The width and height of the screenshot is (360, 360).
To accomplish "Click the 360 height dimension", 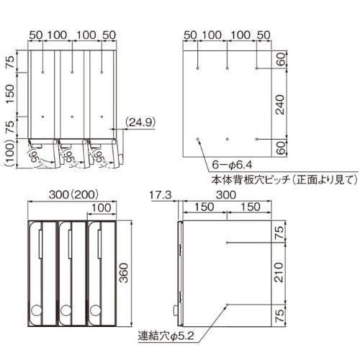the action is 124,273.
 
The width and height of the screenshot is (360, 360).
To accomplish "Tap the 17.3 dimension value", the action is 161,195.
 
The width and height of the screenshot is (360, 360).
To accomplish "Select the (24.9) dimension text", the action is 140,122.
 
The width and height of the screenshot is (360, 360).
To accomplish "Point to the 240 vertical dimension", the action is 280,104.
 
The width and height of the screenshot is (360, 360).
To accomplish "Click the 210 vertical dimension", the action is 279,272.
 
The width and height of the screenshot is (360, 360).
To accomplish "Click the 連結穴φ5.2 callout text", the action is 166,336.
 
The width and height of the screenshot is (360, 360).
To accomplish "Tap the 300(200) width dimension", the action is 73,194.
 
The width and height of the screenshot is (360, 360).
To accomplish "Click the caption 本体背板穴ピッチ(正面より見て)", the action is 284,179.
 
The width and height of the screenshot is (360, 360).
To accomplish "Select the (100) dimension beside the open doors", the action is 9,153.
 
